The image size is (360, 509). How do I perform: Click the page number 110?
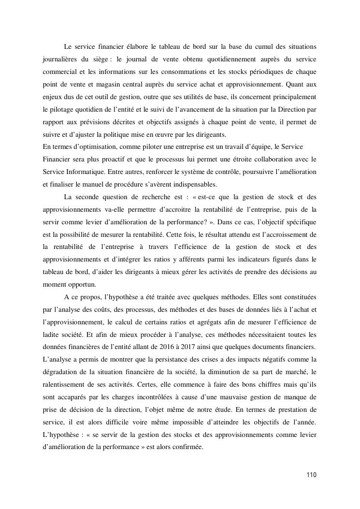coord(311,475)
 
